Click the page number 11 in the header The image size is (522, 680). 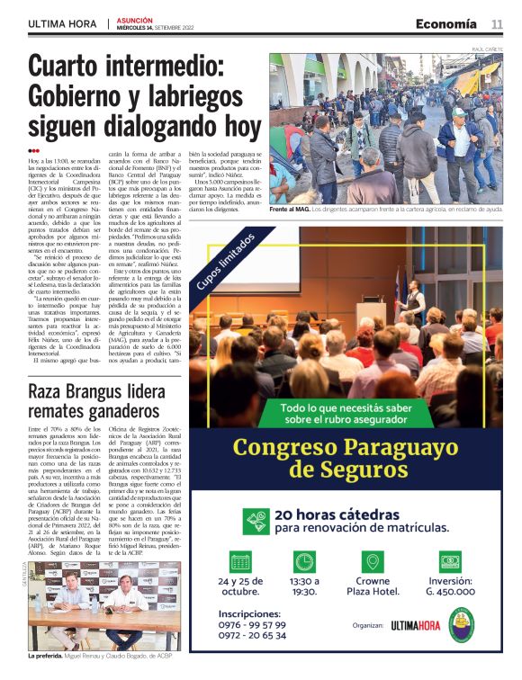[497, 24]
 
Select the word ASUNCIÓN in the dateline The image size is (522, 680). [135, 20]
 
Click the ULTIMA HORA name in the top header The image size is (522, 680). [61, 24]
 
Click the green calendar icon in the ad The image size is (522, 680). [240, 561]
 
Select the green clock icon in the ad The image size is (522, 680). [305, 561]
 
